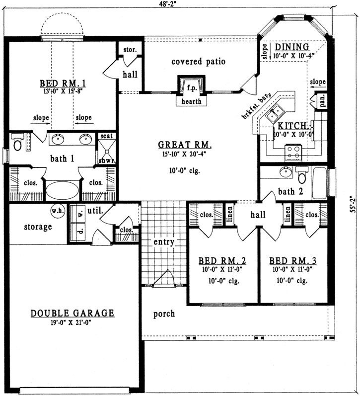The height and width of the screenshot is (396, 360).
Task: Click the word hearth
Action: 191,101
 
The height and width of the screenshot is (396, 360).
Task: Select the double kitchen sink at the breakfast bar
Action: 275,115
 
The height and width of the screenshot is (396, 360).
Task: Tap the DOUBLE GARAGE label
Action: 72,313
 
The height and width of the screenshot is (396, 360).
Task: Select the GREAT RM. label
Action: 185,145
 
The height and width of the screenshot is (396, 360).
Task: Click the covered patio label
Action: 198,62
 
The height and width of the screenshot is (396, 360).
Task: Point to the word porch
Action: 163,314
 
